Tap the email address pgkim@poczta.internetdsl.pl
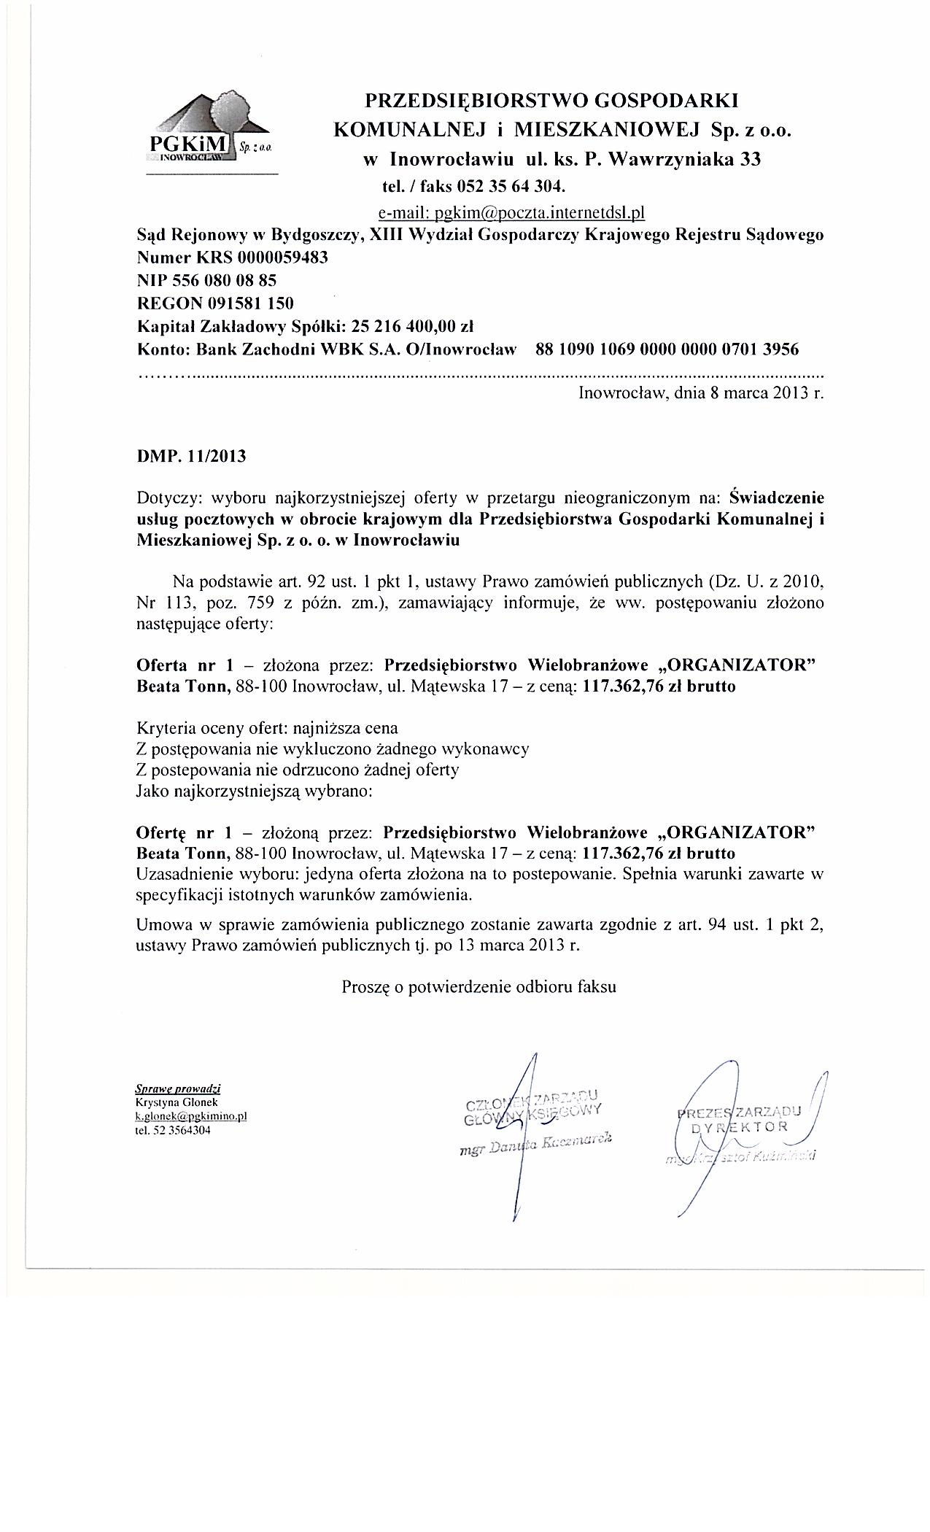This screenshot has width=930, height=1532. tap(511, 212)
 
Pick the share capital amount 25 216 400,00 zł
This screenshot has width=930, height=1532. tap(413, 325)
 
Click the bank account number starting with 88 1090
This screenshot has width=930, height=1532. tap(667, 349)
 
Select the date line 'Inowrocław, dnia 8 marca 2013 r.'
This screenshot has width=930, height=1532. tap(701, 393)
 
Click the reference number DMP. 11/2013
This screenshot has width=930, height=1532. tap(192, 457)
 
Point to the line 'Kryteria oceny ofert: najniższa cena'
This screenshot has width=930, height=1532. tap(268, 728)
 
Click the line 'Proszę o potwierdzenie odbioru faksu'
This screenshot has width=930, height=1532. tap(479, 987)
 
